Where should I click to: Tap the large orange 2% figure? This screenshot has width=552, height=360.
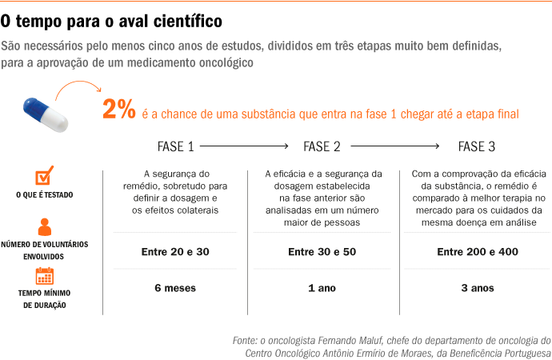(x=118, y=110)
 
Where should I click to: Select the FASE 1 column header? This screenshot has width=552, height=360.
(x=175, y=146)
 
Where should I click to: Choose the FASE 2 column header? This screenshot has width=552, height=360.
(x=322, y=146)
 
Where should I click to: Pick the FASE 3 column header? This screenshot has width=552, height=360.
(x=476, y=146)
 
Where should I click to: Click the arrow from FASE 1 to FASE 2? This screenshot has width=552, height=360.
(x=245, y=146)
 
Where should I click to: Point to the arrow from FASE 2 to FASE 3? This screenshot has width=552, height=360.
(x=395, y=146)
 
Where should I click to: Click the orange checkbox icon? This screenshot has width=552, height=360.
(x=45, y=176)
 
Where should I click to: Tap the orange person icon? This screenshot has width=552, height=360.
(x=45, y=226)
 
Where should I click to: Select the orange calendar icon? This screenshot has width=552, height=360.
(x=45, y=276)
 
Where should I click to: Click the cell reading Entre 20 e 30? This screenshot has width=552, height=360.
(x=175, y=252)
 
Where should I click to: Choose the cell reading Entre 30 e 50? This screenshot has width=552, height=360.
(x=322, y=252)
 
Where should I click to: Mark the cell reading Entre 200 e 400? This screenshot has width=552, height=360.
(x=477, y=252)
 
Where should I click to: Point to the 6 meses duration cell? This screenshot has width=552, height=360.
(x=175, y=288)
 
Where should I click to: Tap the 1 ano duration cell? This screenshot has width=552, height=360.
(x=322, y=288)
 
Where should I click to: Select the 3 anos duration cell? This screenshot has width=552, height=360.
(x=477, y=288)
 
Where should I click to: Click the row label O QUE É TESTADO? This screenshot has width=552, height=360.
(x=45, y=194)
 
